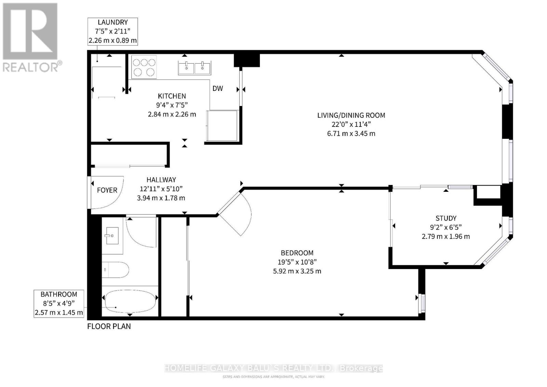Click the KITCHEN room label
(172, 96)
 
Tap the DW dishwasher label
(217, 89)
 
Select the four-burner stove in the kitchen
(144, 67)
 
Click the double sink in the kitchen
(195, 67)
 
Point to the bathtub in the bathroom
(130, 301)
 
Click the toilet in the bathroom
(115, 270)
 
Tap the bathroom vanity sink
(112, 236)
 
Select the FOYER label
(107, 190)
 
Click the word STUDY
(446, 218)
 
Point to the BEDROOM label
(297, 253)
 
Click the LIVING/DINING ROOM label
(351, 115)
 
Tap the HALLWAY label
(161, 180)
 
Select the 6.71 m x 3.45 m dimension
(351, 134)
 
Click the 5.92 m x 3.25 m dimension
(297, 271)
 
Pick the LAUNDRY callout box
(113, 31)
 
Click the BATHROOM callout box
(59, 304)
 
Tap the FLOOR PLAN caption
(109, 326)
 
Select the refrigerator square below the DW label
(222, 125)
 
